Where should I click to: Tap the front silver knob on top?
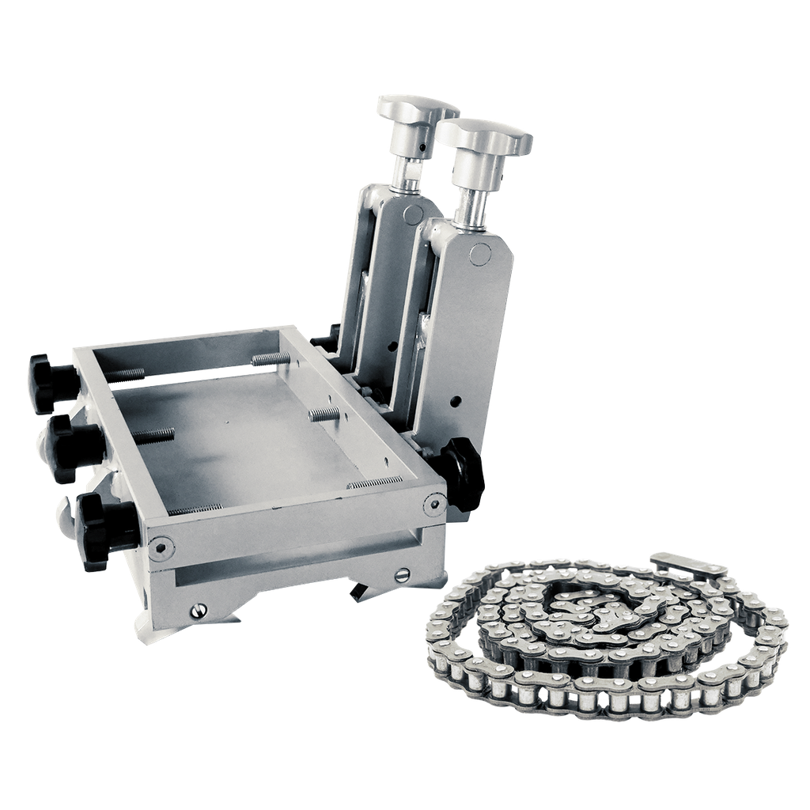pos(485,135)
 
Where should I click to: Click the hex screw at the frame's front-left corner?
pos(161,545)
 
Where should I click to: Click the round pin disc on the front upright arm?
pos(480,253)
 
